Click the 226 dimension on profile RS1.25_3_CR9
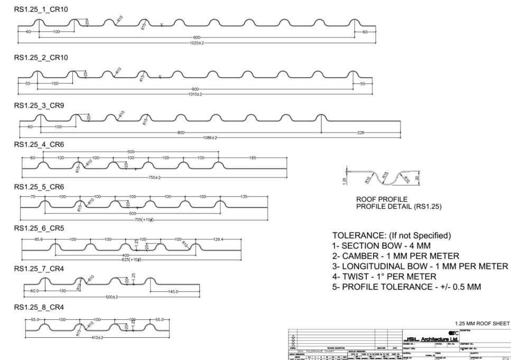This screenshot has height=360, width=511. [361, 132]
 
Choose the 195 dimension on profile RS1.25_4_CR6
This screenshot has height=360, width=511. [252, 158]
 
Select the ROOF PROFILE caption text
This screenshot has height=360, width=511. [373, 199]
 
